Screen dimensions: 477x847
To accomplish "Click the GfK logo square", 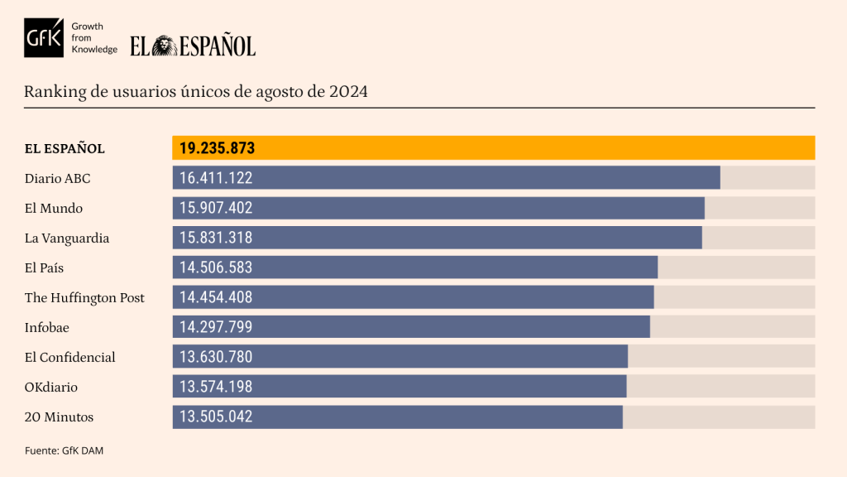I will point(44,37).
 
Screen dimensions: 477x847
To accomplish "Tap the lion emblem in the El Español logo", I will point(164,46).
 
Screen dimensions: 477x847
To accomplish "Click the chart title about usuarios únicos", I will point(196,91).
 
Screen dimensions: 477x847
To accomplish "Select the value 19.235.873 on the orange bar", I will point(217,148).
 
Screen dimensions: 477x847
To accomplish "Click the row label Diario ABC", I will point(57,178).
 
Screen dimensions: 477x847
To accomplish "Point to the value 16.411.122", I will point(216,178).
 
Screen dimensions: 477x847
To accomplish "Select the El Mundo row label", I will point(54,208).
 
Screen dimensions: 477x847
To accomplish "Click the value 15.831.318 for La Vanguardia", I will point(216,238).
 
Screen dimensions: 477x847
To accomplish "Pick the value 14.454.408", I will point(216,297).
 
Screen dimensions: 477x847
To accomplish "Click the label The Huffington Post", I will point(84,297).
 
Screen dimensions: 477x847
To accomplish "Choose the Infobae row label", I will point(47,327).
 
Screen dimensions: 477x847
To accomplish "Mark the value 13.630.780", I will point(216,357).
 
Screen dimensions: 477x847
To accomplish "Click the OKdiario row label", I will point(51,387).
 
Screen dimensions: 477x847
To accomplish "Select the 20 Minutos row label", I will point(59,417).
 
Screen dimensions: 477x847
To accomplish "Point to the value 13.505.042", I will point(216,417).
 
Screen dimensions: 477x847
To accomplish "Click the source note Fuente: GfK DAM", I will point(64,450).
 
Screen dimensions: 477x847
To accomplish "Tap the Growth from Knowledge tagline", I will point(94,38).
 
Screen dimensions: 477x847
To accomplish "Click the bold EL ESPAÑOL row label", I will point(65,149).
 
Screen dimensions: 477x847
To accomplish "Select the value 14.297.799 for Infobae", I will point(216,327).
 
